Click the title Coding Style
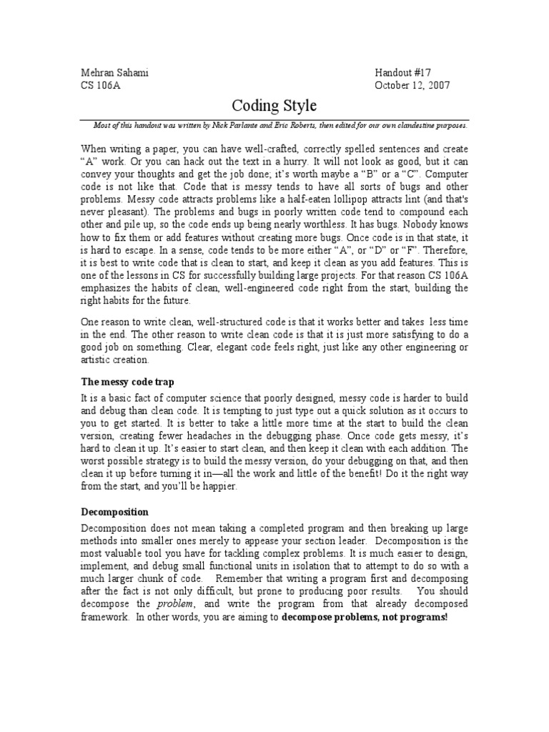(x=274, y=106)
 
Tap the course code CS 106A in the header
(x=97, y=86)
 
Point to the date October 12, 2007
(x=412, y=86)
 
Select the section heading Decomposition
(x=114, y=512)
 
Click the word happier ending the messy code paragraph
(x=223, y=487)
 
